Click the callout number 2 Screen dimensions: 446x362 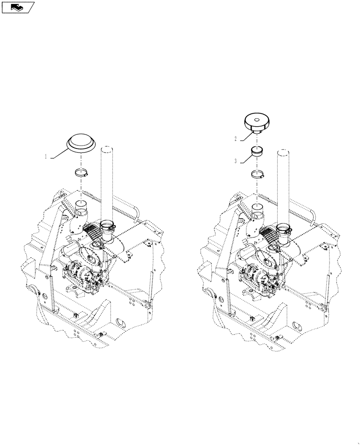click(x=235, y=139)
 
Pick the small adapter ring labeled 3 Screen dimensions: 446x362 click(x=257, y=151)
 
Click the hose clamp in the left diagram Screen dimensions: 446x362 click(x=80, y=174)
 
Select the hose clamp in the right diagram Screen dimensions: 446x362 click(x=257, y=173)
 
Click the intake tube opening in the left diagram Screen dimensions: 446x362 click(x=80, y=206)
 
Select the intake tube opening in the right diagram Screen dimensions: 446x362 click(x=257, y=206)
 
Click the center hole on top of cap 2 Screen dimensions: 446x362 click(x=257, y=119)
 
